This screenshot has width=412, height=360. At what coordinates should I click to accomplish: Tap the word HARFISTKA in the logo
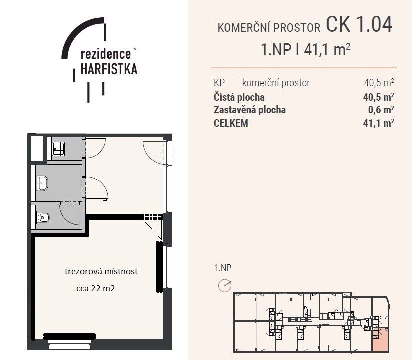109,69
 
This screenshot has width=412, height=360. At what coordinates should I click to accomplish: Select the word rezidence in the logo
106,54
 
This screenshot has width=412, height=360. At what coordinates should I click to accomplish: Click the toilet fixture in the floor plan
43,217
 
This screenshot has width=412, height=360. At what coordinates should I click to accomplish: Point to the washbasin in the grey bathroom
42,183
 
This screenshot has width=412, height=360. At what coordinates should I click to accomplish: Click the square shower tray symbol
58,149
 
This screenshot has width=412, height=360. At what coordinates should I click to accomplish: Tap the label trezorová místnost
101,271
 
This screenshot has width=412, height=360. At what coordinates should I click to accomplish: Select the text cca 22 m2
95,288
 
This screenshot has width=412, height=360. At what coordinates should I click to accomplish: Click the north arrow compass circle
225,285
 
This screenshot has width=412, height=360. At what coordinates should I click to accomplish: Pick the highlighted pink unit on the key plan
380,339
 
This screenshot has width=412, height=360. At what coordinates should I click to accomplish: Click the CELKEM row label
231,123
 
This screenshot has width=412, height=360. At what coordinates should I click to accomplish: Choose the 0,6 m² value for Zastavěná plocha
381,110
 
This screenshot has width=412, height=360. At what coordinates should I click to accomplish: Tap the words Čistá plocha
239,97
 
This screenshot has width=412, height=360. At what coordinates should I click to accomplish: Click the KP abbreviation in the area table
219,83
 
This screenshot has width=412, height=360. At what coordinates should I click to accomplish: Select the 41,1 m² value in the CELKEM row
379,123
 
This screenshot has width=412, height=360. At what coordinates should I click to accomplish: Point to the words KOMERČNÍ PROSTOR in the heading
269,28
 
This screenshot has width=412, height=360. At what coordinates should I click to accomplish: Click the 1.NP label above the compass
223,268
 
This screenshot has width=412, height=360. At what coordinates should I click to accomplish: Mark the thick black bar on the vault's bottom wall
69,336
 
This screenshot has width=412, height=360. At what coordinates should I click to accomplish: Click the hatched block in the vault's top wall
152,216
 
